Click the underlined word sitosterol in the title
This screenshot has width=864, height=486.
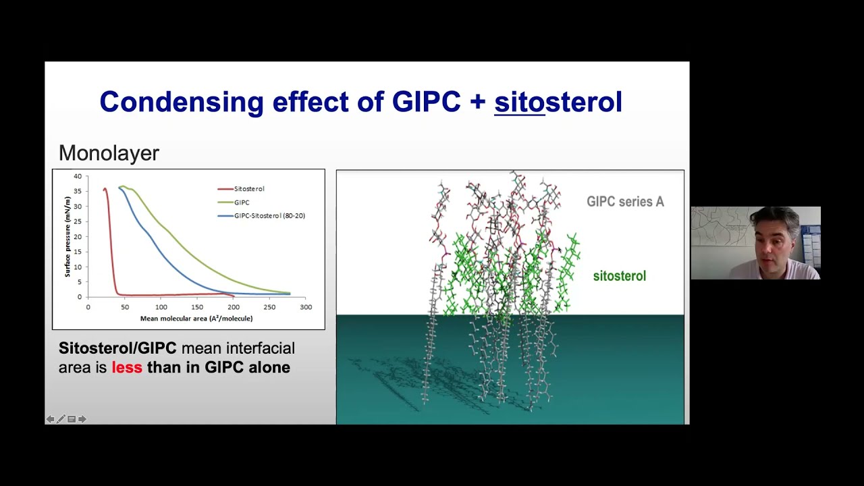click(558, 102)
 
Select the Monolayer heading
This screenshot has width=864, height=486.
click(109, 153)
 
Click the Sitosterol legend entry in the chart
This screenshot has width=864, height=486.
click(248, 189)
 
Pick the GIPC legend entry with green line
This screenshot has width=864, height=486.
click(241, 202)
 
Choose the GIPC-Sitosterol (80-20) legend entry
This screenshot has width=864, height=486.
click(269, 216)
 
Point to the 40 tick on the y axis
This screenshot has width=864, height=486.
click(78, 177)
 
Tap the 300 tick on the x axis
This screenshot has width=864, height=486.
click(305, 307)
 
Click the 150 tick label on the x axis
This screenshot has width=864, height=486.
click(196, 307)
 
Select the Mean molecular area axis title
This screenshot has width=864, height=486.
click(196, 319)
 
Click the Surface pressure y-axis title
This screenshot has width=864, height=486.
click(67, 236)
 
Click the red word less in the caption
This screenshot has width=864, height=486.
click(127, 368)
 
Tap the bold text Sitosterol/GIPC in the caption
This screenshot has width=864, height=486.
click(117, 348)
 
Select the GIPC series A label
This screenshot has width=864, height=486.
click(625, 202)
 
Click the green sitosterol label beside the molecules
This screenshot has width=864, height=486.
click(619, 276)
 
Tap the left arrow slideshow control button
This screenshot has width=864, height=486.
click(50, 419)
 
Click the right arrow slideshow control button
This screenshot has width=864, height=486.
click(82, 419)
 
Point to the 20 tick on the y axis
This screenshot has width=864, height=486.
click(78, 237)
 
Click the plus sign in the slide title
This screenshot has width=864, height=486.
click(477, 103)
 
